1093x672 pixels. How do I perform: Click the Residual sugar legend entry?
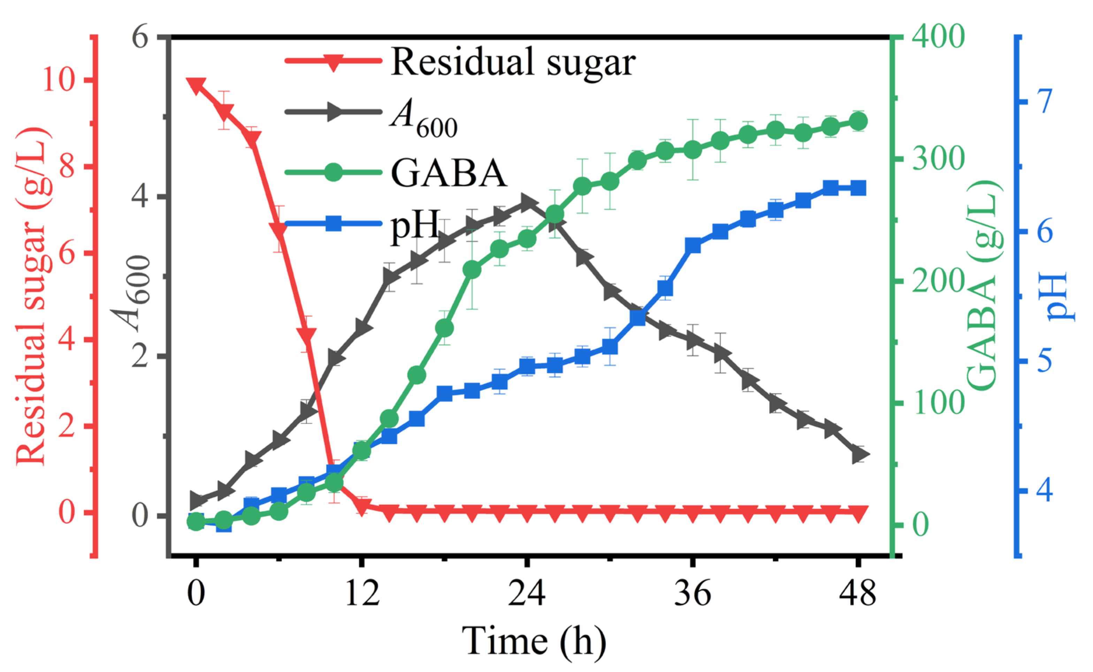513,62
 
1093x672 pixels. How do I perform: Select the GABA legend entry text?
449,173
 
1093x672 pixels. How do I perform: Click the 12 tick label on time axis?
362,593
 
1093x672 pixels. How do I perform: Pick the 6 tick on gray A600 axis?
139,37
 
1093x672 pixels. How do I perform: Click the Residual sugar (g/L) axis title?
31,296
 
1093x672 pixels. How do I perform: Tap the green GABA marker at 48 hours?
858,121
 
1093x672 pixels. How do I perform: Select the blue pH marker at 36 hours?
693,246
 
